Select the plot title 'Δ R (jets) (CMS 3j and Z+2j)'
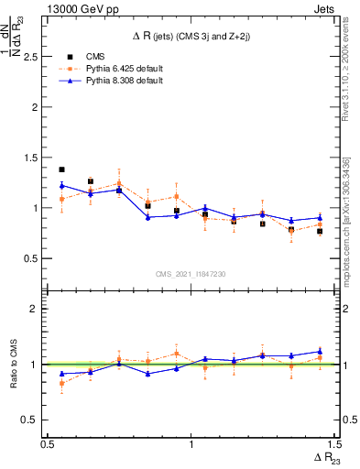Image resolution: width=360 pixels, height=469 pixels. click(191, 36)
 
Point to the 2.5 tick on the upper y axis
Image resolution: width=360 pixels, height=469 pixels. click(32, 57)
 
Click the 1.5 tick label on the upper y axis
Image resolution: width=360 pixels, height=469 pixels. click(32, 158)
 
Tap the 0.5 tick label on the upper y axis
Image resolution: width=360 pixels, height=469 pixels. click(32, 258)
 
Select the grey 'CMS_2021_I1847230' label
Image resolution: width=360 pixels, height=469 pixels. click(191, 275)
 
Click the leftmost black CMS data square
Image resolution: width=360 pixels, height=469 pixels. click(61, 169)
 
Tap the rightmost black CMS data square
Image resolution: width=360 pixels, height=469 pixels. click(320, 231)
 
